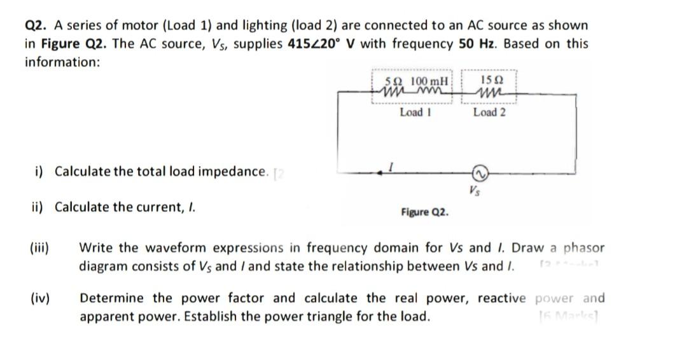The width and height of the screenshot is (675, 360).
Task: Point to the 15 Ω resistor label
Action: [x=493, y=81]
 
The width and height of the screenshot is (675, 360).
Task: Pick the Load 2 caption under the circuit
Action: [x=489, y=113]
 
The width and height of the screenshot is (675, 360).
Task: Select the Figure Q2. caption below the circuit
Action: [x=424, y=212]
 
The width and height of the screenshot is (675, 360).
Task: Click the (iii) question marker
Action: [x=41, y=247]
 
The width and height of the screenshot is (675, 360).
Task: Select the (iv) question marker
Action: [x=41, y=298]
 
